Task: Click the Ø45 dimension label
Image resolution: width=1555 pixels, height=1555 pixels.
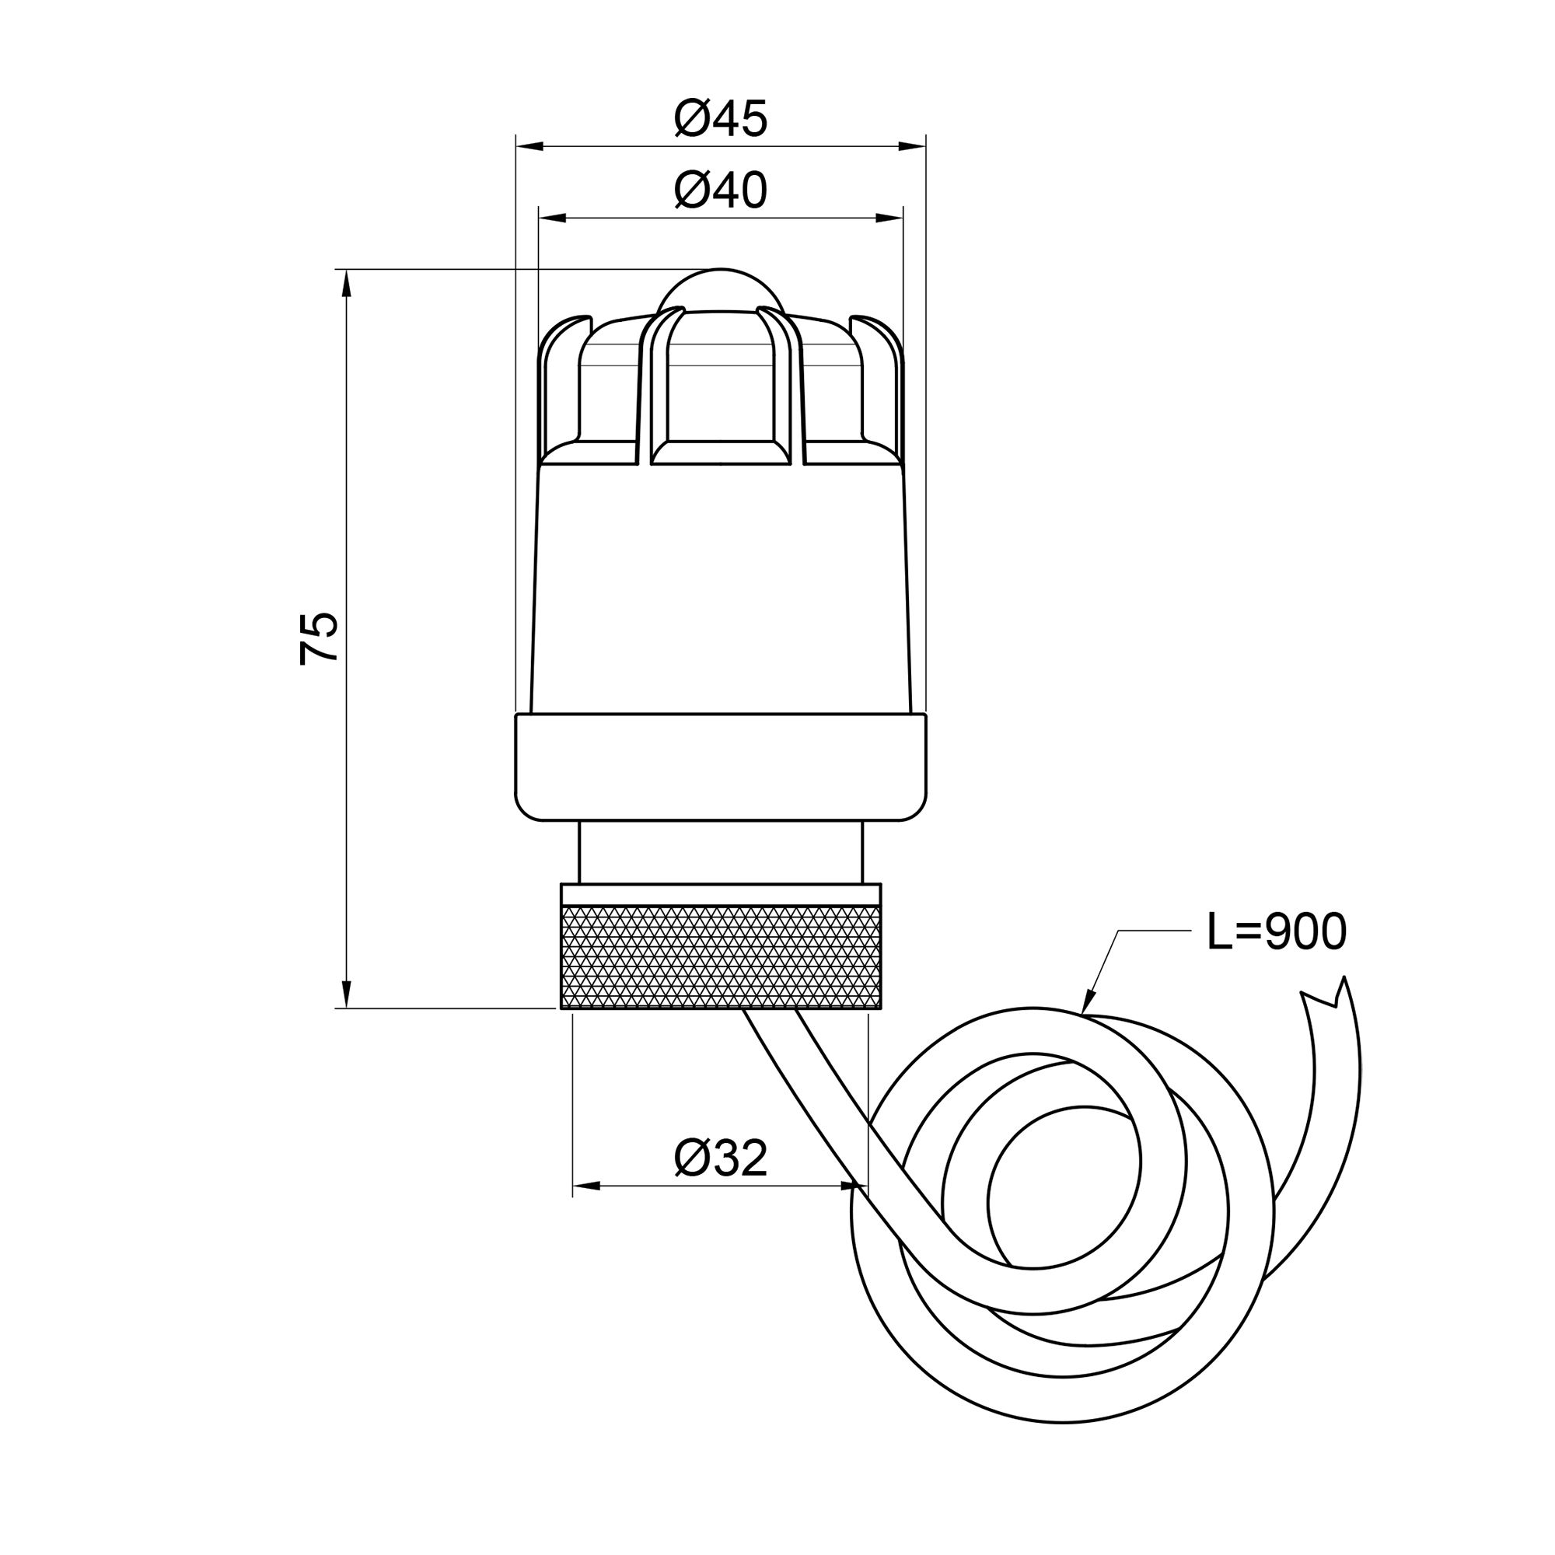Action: (x=721, y=119)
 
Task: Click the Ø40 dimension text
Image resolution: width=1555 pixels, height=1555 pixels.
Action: (x=721, y=190)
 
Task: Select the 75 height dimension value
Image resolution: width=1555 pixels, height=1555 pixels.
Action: (x=319, y=638)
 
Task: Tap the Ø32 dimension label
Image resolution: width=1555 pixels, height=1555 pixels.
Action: (x=721, y=1159)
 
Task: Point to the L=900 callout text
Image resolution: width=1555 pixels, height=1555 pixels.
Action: (x=1277, y=933)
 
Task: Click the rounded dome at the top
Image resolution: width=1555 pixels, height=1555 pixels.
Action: (x=721, y=290)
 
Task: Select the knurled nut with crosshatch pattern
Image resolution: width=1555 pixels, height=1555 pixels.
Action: (x=721, y=956)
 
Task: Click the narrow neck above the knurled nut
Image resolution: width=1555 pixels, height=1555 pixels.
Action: (x=721, y=851)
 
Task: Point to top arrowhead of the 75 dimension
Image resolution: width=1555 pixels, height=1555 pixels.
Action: (x=346, y=281)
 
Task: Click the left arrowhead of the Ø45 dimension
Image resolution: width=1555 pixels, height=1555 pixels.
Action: (x=527, y=146)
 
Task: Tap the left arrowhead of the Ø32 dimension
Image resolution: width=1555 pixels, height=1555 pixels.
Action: (x=585, y=1186)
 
